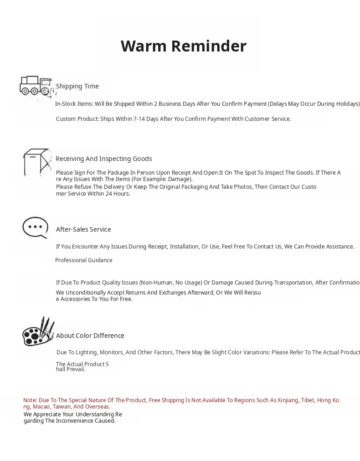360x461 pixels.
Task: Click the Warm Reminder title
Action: [x=183, y=46]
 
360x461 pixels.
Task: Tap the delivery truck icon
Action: [x=35, y=86]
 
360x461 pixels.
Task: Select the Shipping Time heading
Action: [x=77, y=86]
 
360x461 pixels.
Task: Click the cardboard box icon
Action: [x=37, y=162]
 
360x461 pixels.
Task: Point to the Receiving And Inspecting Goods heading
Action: [x=104, y=159]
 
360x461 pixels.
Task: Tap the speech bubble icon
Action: [x=35, y=227]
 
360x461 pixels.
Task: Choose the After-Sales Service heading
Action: [x=83, y=229]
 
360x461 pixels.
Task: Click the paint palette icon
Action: [x=38, y=332]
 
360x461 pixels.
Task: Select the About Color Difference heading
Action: [x=90, y=336]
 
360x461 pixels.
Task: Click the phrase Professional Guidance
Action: [x=84, y=260]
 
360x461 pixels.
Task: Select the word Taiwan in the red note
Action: [x=62, y=407]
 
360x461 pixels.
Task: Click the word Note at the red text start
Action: [x=30, y=400]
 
